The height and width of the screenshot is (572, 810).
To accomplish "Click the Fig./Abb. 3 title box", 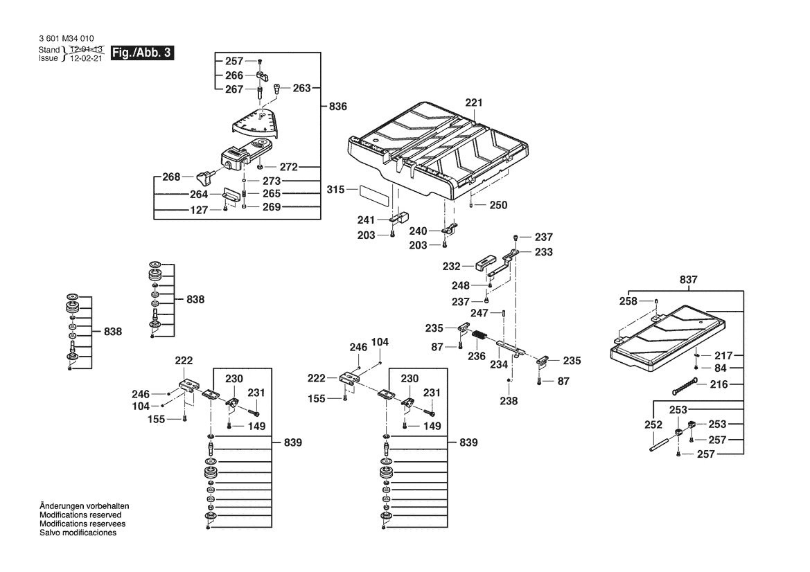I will coord(141,53).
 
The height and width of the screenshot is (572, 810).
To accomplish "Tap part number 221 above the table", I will coord(473,102).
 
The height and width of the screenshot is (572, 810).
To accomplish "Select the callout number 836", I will coord(337,107).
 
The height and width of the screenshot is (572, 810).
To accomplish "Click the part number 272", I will coord(289,167).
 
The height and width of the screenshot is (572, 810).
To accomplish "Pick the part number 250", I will coord(498,205).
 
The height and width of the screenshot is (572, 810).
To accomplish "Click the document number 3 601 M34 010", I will coord(68,39).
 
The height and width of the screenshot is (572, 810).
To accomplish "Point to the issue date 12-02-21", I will coord(85,59).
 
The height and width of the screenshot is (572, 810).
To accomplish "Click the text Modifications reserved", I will coord(80,515).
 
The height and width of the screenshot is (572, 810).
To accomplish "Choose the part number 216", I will coord(719,384).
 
